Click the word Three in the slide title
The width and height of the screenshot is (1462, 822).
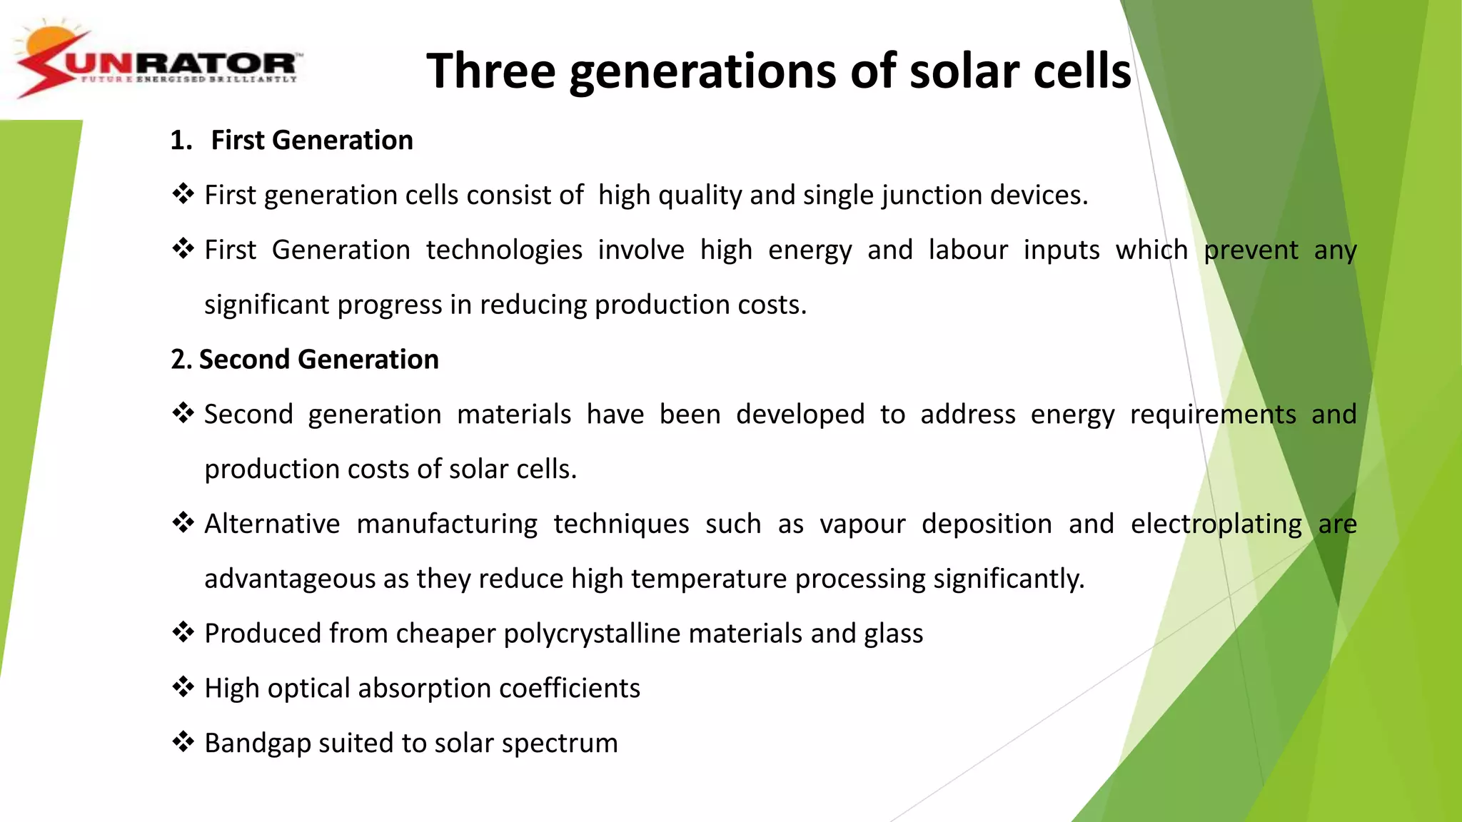tap(490, 71)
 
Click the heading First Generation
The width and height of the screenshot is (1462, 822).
tap(312, 140)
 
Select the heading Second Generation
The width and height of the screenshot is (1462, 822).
tap(318, 359)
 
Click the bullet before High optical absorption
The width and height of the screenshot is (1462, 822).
tap(183, 686)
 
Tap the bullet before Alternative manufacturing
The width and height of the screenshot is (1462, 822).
tap(183, 522)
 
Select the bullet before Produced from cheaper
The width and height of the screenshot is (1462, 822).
tap(183, 631)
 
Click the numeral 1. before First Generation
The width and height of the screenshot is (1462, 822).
tap(181, 140)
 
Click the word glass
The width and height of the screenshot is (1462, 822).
tap(893, 634)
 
